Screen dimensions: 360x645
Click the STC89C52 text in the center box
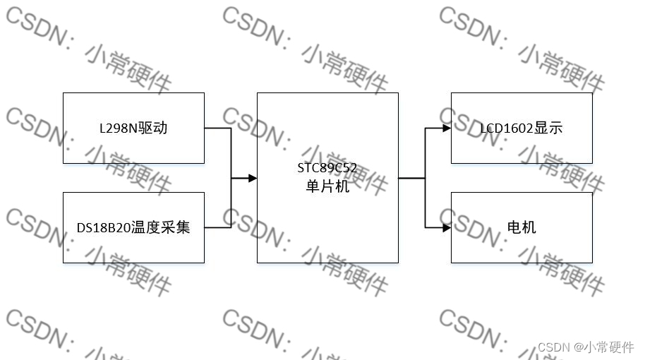[327, 168]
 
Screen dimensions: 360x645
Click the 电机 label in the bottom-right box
[522, 227]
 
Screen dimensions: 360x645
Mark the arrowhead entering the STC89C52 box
[253, 179]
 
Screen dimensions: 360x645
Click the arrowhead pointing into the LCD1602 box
[447, 128]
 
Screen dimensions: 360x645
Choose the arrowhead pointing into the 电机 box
[447, 228]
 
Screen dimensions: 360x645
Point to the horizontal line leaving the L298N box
[217, 128]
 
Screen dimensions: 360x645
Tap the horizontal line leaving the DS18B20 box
[217, 228]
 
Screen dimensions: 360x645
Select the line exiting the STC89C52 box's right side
[411, 179]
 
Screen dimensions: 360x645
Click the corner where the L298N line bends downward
[231, 128]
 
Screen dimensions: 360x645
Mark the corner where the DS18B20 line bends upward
[231, 228]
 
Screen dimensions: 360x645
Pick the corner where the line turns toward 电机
[426, 228]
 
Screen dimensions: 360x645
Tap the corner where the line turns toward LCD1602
[426, 128]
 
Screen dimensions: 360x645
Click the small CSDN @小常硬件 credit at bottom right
[586, 347]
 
